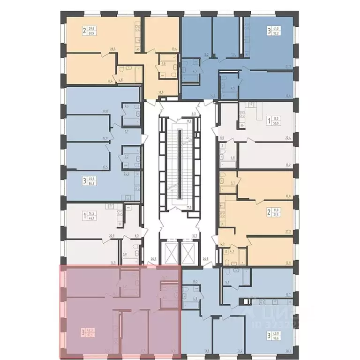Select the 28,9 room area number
click(112, 49)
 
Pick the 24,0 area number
click(126, 174)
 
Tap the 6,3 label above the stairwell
click(193, 113)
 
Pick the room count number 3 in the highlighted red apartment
click(83, 332)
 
